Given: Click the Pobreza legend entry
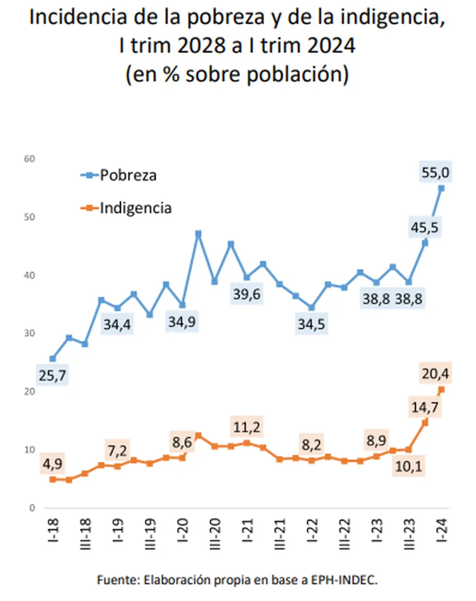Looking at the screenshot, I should point(128,176).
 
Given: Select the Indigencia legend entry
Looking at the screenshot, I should point(136,208).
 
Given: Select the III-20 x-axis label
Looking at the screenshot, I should point(215,537).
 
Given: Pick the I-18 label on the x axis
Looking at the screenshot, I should point(52,532).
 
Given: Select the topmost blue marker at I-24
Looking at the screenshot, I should point(441,188).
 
